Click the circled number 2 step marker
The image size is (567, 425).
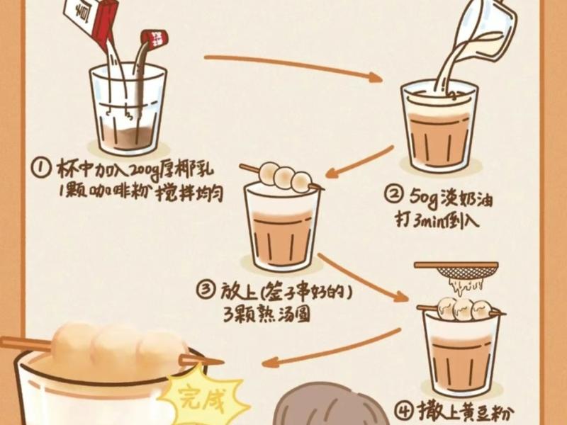click(394, 194)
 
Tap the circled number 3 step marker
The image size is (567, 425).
click(206, 290)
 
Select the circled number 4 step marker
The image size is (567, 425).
click(403, 412)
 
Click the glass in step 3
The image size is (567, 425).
click(282, 227)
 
